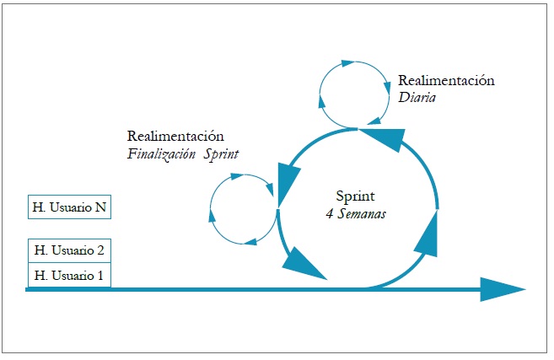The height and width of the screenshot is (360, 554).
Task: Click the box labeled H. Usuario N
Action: (x=68, y=207)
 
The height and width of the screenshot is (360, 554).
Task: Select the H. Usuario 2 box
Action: (x=68, y=250)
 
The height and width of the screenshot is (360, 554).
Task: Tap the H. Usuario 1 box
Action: (x=68, y=275)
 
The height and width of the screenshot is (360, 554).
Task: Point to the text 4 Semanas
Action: (x=356, y=214)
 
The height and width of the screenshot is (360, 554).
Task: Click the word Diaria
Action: (x=418, y=97)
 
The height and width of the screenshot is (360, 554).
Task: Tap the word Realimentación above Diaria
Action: (x=446, y=81)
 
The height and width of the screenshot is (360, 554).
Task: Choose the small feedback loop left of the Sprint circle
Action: (x=242, y=209)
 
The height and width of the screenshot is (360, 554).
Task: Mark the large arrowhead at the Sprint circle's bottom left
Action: (x=304, y=266)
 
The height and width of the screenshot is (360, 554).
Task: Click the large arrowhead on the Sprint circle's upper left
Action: (x=288, y=180)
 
